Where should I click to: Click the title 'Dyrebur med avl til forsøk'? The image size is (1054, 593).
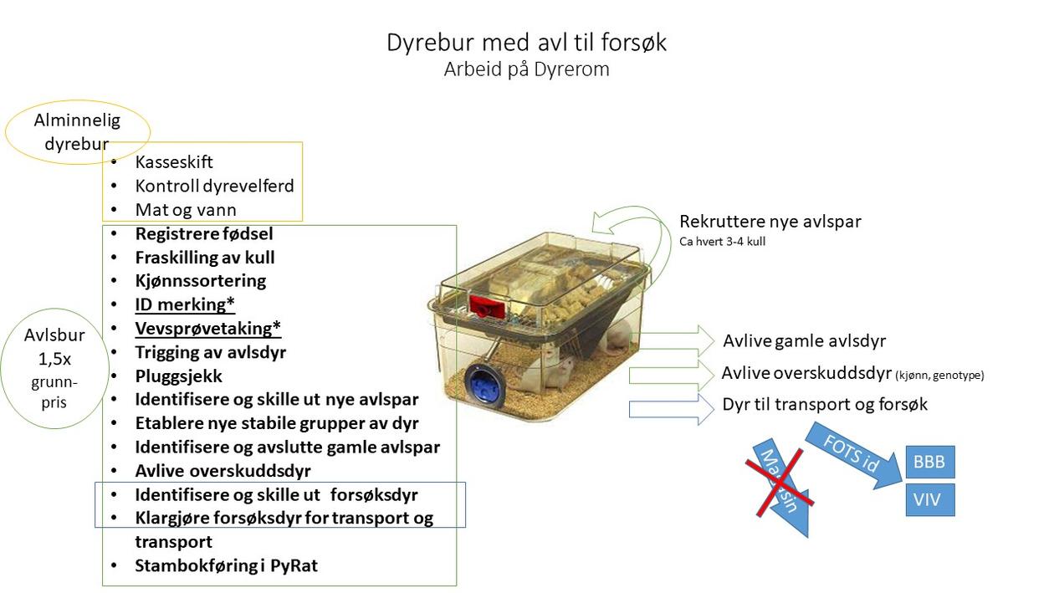click(526, 42)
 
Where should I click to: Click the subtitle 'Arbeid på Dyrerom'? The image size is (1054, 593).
click(526, 69)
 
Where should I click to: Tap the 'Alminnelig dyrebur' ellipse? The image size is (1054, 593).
click(77, 131)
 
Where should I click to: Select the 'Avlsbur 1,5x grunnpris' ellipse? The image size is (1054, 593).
click(54, 368)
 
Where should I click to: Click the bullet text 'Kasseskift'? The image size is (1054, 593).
click(174, 162)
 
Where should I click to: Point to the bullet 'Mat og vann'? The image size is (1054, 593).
click(186, 210)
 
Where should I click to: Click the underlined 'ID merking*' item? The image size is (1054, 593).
click(185, 304)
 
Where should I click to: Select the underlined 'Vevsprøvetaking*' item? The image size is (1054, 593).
click(207, 328)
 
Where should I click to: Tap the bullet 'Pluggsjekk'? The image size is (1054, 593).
click(178, 376)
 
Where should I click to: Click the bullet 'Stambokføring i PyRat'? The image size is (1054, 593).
click(226, 565)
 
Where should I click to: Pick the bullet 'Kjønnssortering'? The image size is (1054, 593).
click(200, 280)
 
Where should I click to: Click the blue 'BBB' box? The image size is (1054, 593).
click(929, 463)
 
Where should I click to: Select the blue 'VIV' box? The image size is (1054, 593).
click(929, 500)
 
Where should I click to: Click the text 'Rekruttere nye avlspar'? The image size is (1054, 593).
click(770, 222)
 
